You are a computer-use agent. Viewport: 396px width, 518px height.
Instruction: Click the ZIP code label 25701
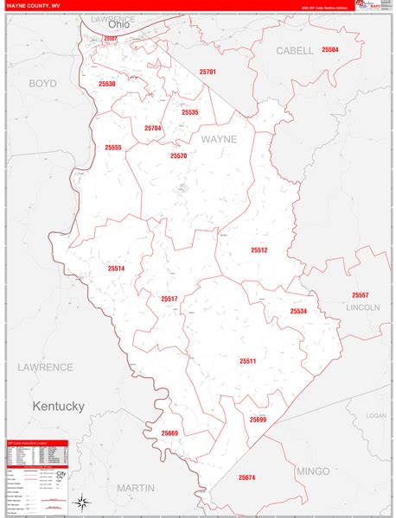[207, 73]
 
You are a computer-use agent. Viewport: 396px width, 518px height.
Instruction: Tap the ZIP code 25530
[106, 85]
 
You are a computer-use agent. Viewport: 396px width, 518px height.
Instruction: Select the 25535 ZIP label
[190, 112]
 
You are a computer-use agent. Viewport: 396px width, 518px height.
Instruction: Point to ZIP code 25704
[153, 128]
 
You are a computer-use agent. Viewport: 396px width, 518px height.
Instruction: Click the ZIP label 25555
[113, 148]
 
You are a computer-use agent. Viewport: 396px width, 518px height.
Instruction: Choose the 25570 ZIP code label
[178, 156]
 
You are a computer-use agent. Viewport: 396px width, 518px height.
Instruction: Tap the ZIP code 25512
[259, 250]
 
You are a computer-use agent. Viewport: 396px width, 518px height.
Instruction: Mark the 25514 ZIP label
[117, 268]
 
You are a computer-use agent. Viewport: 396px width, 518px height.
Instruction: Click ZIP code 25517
[169, 299]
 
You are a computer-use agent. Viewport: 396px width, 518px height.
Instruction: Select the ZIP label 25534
[298, 311]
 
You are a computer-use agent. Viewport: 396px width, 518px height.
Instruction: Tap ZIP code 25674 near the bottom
[247, 477]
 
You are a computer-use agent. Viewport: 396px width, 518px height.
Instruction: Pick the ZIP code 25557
[361, 295]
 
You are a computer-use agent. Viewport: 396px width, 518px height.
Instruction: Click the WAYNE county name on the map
[219, 138]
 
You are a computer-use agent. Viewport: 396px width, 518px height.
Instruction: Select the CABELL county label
[295, 51]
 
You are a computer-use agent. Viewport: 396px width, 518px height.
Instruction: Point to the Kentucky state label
[58, 406]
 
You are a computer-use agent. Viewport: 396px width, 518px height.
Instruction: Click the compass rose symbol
[81, 502]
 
